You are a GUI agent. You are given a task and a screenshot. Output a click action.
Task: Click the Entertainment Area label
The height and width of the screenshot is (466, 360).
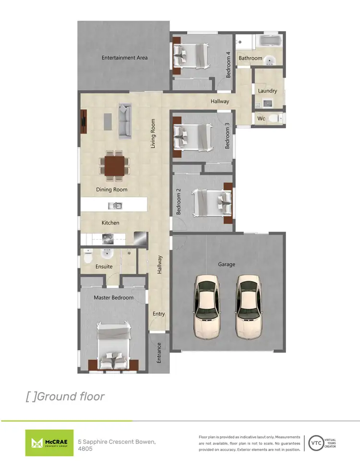124,58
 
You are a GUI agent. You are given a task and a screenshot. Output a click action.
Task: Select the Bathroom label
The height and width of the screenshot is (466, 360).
251,58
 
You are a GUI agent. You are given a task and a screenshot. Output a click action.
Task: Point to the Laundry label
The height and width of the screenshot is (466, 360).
267,91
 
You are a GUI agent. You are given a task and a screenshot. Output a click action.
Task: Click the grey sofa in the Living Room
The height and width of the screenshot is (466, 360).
125,120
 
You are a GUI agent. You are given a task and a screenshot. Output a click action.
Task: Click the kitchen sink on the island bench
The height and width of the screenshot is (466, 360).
115,206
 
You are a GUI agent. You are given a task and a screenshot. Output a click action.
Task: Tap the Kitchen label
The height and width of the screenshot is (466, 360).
110,223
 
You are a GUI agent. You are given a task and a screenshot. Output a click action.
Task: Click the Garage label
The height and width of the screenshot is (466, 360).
227,264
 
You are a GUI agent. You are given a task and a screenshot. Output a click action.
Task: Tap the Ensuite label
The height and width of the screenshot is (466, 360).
104,267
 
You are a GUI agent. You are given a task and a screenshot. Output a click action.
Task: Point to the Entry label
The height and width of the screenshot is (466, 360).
158,314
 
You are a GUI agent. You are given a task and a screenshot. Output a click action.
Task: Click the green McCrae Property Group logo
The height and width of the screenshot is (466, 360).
49,442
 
